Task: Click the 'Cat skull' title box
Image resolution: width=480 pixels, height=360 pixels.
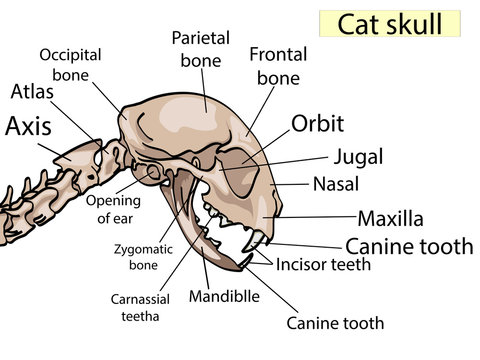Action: click(389, 24)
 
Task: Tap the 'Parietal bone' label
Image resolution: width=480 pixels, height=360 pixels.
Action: click(200, 49)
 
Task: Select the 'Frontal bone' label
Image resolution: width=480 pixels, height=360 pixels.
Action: click(278, 65)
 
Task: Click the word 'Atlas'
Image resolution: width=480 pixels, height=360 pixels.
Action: click(32, 93)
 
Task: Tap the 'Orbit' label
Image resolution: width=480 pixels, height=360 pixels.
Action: click(317, 124)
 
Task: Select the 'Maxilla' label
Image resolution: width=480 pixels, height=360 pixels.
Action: click(390, 217)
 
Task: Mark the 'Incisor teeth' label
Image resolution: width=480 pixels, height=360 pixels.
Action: click(324, 265)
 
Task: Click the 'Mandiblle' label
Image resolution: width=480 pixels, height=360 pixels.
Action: click(226, 297)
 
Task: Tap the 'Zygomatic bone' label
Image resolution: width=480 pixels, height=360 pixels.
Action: click(134, 259)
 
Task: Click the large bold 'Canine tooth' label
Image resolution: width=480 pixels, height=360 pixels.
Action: click(408, 246)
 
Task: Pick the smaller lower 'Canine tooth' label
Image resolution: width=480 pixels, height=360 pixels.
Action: click(335, 323)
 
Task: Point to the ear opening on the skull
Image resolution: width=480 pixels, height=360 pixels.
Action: click(155, 174)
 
